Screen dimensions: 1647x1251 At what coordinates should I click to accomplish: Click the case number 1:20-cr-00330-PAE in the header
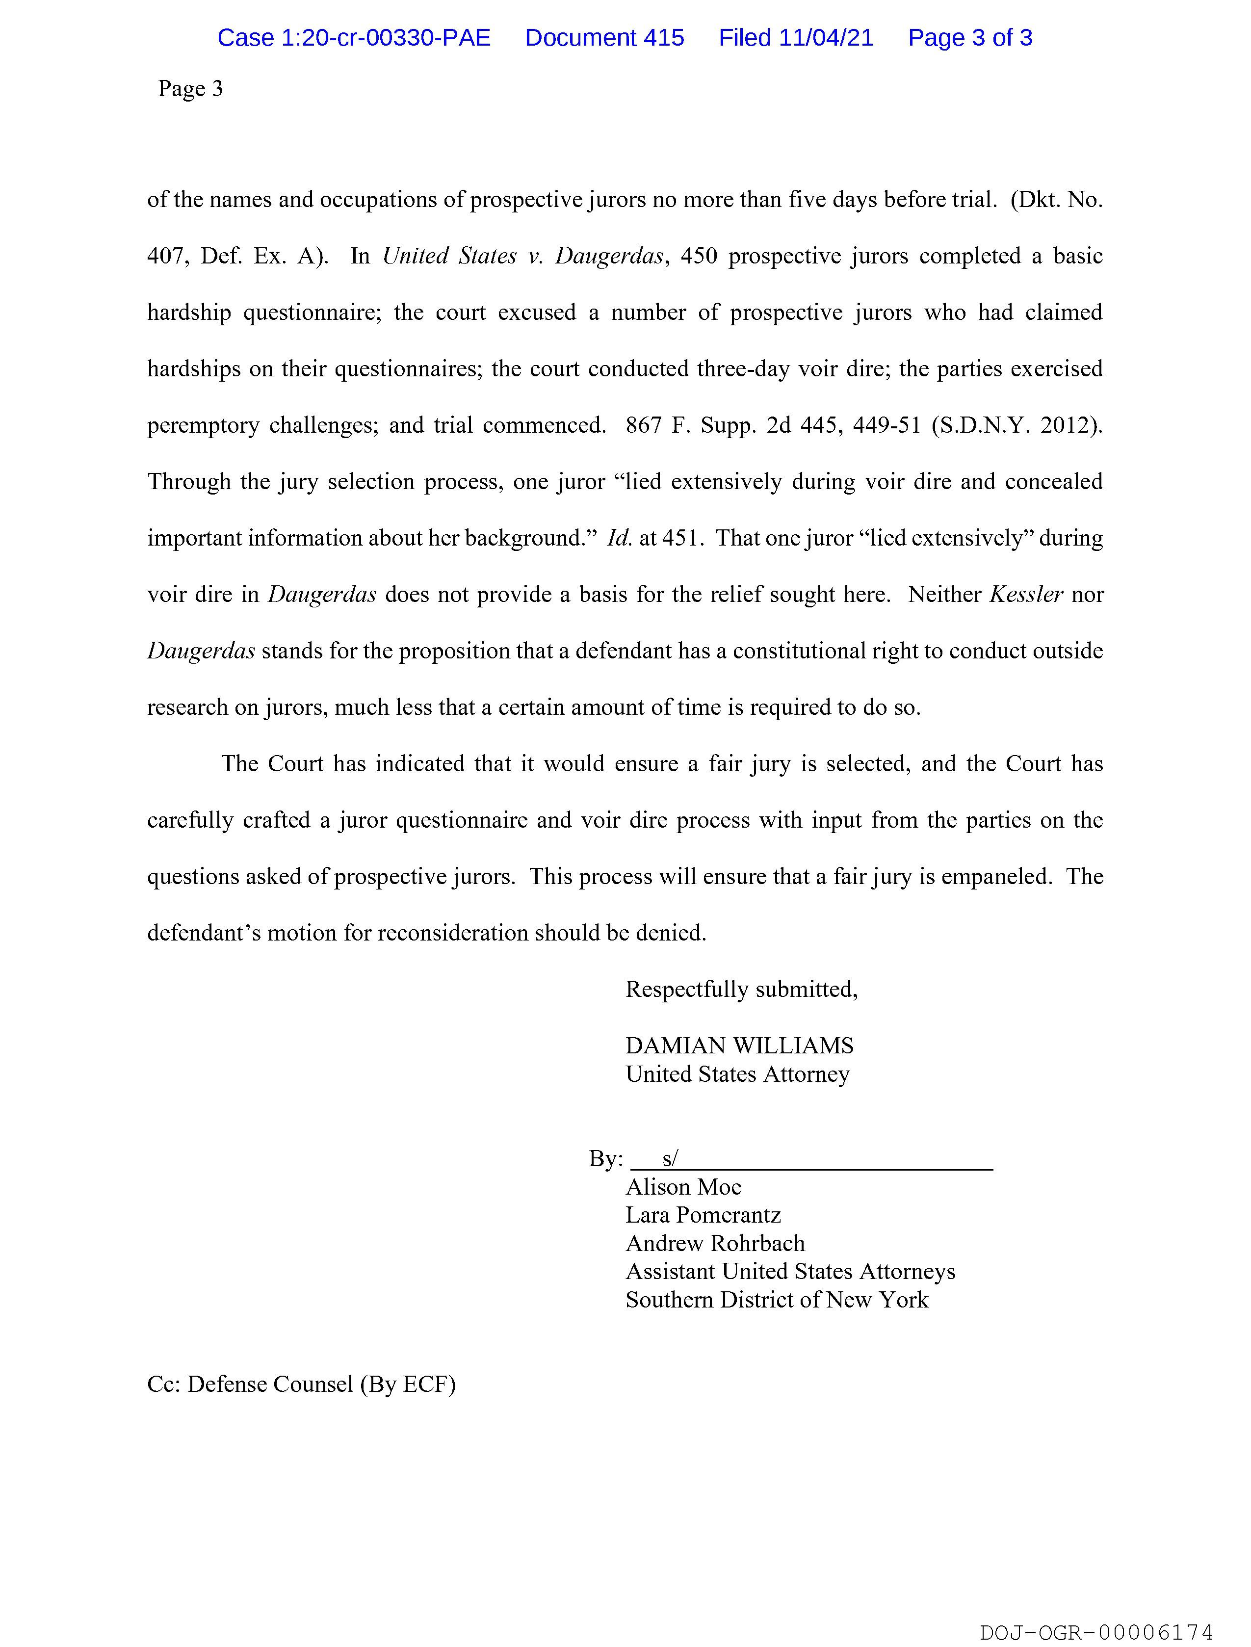pyautogui.click(x=354, y=38)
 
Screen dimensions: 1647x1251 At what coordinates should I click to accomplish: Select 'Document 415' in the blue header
pyautogui.click(x=604, y=38)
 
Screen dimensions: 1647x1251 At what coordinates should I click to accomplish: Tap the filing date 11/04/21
pyautogui.click(x=826, y=38)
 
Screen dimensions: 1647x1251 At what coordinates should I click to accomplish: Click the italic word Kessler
pyautogui.click(x=1025, y=594)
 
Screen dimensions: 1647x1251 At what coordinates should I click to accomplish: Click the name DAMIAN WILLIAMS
pyautogui.click(x=739, y=1046)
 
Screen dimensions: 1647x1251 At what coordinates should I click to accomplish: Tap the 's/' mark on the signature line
pyautogui.click(x=670, y=1158)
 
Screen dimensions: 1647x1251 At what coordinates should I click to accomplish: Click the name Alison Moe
pyautogui.click(x=683, y=1187)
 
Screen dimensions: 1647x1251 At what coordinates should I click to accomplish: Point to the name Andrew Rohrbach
pyautogui.click(x=715, y=1243)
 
